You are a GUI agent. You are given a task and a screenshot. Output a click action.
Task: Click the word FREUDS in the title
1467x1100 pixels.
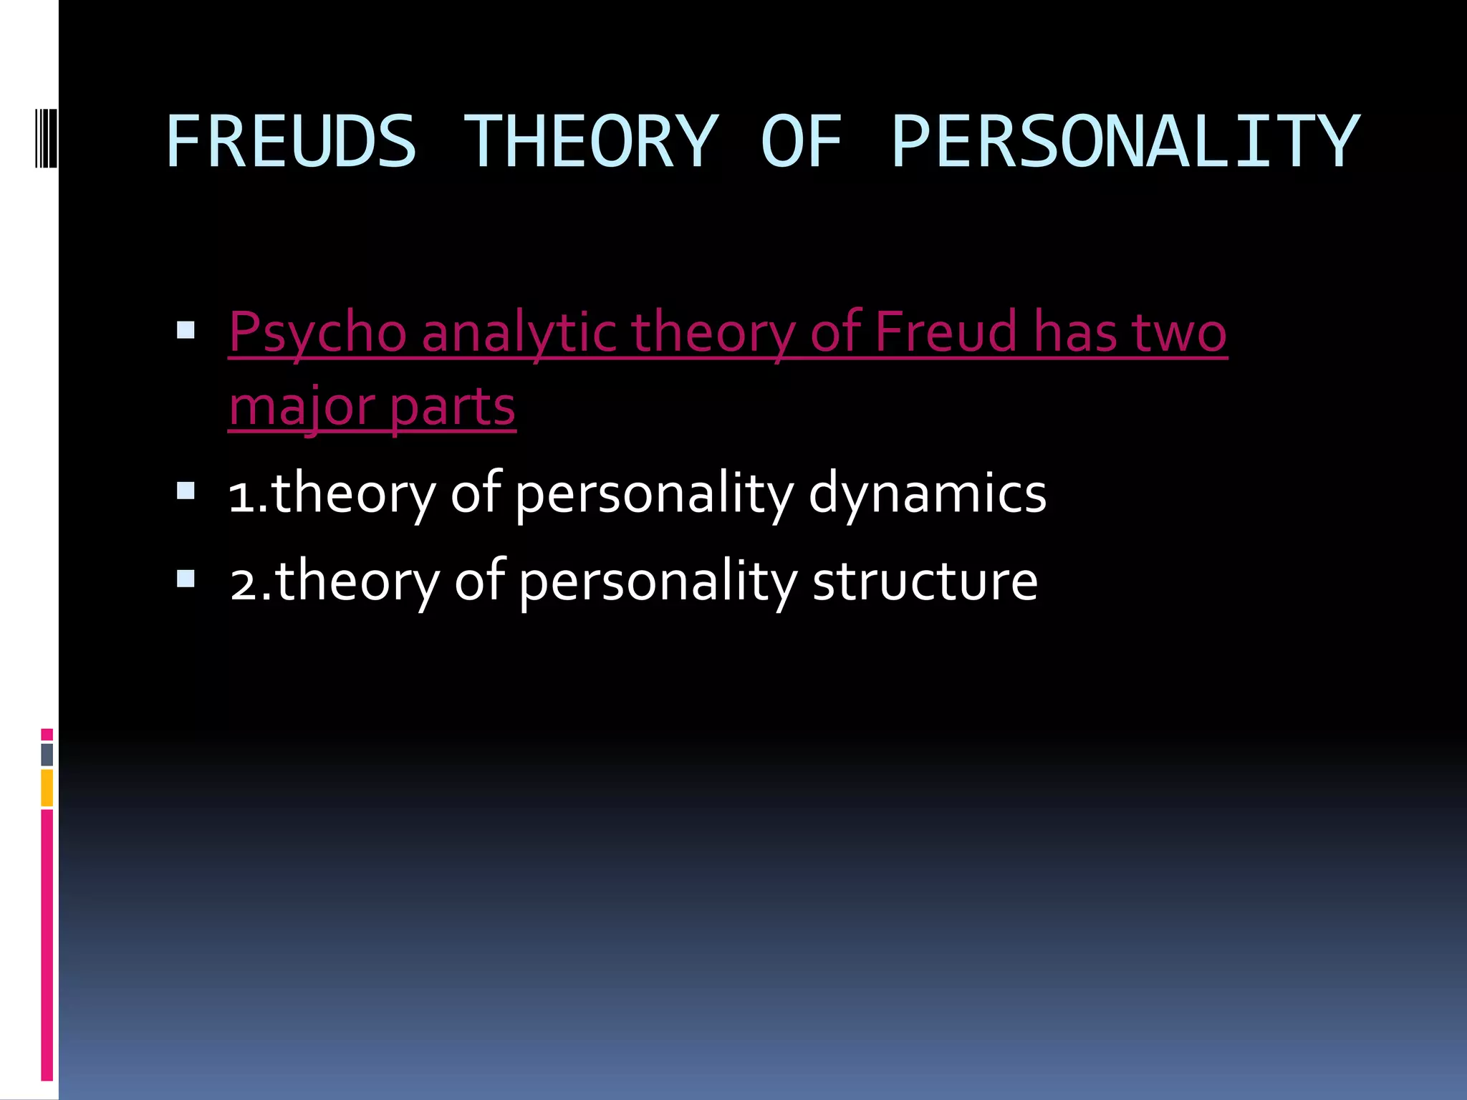290,142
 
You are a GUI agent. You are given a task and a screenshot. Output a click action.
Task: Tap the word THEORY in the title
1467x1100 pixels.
590,142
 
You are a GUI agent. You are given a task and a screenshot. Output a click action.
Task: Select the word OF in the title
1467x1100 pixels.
801,142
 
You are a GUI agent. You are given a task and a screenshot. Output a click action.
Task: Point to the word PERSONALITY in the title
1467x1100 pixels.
1125,142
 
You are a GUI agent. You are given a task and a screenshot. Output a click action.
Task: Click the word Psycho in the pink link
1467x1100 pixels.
317,333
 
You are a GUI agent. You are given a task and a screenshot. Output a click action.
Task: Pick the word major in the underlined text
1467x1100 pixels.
302,407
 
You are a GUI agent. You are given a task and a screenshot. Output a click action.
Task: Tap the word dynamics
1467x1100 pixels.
927,494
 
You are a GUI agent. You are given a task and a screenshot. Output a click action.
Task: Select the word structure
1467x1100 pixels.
925,581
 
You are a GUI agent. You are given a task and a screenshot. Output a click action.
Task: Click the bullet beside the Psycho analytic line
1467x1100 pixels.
186,330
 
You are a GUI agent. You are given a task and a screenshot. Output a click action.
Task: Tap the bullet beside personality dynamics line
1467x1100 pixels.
186,491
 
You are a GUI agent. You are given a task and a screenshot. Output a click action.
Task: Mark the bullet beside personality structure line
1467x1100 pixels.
186,578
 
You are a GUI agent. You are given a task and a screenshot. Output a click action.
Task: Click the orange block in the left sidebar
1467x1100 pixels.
47,788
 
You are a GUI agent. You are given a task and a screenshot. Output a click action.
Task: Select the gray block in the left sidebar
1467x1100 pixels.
47,755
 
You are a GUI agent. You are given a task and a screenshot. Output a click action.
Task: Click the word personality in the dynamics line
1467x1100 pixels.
654,494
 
